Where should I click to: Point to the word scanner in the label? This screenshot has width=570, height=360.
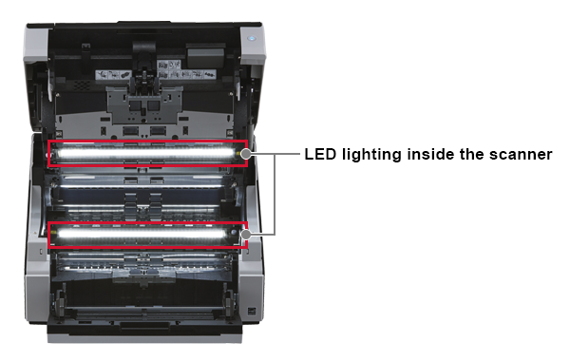pyautogui.click(x=522, y=153)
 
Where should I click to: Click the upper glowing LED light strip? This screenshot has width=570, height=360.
pyautogui.click(x=147, y=153)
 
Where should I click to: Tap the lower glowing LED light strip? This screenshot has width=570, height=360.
pyautogui.click(x=147, y=234)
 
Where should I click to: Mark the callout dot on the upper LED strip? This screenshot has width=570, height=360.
pyautogui.click(x=245, y=153)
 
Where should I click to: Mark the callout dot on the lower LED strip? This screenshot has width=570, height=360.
pyautogui.click(x=245, y=233)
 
